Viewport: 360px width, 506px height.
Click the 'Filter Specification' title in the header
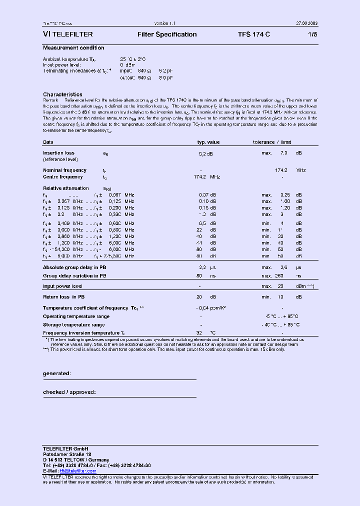point(167,34)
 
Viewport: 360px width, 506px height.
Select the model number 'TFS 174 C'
point(254,34)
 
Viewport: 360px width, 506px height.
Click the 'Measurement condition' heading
point(73,48)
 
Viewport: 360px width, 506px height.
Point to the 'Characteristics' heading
point(62,94)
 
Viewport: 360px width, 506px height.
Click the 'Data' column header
point(48,142)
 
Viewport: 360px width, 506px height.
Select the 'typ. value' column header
point(208,142)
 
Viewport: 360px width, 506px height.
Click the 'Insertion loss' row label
point(58,153)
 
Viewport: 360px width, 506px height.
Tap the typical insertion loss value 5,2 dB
point(206,153)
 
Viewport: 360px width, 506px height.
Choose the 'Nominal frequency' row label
point(64,170)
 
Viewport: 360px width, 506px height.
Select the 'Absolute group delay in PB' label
point(74,267)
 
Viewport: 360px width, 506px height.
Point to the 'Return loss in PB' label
point(66,297)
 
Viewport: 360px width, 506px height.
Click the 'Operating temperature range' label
point(76,316)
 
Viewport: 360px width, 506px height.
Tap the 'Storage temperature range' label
point(73,324)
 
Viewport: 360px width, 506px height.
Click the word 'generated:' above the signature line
point(56,373)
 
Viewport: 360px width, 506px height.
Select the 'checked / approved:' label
point(69,392)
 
